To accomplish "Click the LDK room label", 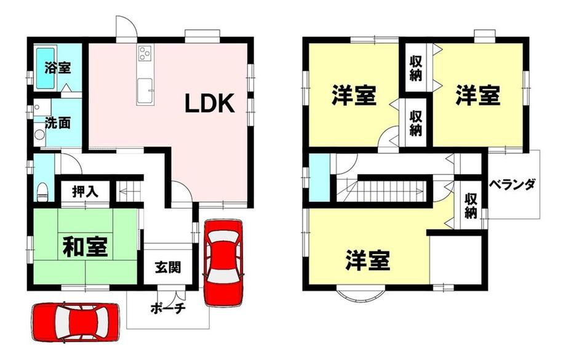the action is pyautogui.click(x=210, y=103).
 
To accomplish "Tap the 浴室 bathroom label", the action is pyautogui.click(x=58, y=68).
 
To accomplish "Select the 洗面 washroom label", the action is pyautogui.click(x=58, y=123).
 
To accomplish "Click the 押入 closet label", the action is pyautogui.click(x=85, y=191).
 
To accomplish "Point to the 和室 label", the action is pyautogui.click(x=85, y=247).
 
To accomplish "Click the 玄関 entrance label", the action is pyautogui.click(x=168, y=268).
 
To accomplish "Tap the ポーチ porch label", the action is pyautogui.click(x=168, y=308).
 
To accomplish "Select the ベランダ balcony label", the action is pyautogui.click(x=512, y=184).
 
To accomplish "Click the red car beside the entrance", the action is pyautogui.click(x=223, y=263).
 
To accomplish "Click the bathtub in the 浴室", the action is pyautogui.click(x=46, y=68).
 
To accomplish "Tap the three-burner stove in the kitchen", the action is pyautogui.click(x=145, y=54).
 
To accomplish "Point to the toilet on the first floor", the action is pyautogui.click(x=42, y=192).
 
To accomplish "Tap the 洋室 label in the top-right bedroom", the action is pyautogui.click(x=477, y=95).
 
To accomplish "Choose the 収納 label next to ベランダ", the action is pyautogui.click(x=471, y=206).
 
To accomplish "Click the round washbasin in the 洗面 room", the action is pyautogui.click(x=39, y=135).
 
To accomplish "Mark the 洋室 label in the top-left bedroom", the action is pyautogui.click(x=354, y=95).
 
